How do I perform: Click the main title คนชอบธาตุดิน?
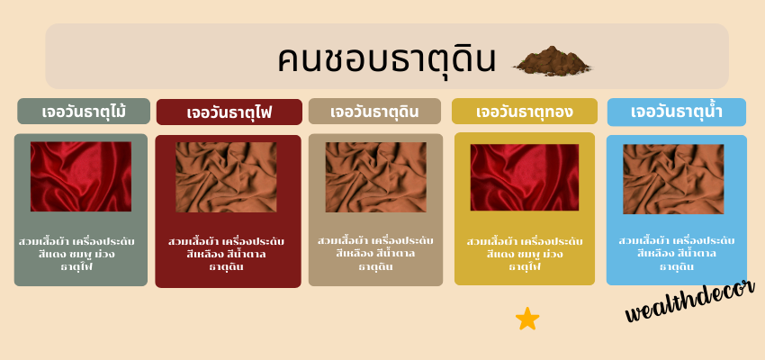(x=386, y=59)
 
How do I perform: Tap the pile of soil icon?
(x=552, y=61)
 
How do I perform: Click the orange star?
(x=527, y=319)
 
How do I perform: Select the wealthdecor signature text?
(x=690, y=301)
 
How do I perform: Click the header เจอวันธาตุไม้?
(x=84, y=112)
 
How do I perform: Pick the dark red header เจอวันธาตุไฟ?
(x=229, y=112)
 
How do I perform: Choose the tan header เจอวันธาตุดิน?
(x=374, y=112)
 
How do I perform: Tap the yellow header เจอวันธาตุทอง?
(x=525, y=112)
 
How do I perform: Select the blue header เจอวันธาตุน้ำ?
(x=677, y=112)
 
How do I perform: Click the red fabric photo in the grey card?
(x=81, y=176)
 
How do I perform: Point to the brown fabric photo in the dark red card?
(x=227, y=177)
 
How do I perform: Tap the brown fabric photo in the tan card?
(x=376, y=177)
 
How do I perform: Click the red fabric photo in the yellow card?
(x=525, y=177)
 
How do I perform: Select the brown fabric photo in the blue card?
(x=673, y=179)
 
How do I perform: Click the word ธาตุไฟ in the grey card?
(x=76, y=267)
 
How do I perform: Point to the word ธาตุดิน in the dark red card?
(x=227, y=267)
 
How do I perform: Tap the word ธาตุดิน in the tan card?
(x=375, y=267)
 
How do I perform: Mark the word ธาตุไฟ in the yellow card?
(x=525, y=267)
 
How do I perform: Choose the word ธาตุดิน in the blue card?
(x=677, y=267)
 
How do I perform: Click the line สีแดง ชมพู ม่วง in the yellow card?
(x=525, y=254)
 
